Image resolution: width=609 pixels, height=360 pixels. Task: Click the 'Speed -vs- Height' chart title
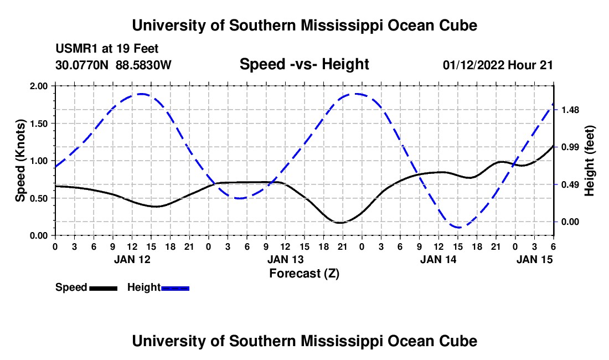pos(304,64)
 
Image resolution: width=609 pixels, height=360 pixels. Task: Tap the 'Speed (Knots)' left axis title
pos(20,161)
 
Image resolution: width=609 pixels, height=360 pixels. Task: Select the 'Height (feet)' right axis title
pos(589,161)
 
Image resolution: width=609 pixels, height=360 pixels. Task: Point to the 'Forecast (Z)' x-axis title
pos(304,273)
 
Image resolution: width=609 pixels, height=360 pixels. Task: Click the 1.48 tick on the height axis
pos(570,110)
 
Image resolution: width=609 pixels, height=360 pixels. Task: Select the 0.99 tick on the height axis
pos(570,147)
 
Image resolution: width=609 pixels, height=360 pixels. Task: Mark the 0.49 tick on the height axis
pos(570,184)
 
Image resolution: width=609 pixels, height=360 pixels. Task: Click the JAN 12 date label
pos(132,259)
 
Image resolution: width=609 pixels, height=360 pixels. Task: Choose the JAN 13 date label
pos(285,259)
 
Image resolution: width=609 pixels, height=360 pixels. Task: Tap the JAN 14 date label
pos(438,259)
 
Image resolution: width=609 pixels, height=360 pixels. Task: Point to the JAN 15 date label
pos(534,259)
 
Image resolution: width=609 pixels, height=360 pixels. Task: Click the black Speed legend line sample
pos(103,287)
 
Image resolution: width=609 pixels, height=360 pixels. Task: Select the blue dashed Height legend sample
pos(176,287)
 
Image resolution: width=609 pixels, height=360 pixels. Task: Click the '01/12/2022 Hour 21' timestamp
pos(498,65)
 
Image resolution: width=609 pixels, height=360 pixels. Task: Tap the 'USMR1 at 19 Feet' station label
pos(107,49)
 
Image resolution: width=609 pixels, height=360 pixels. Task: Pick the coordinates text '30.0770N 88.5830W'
pos(113,65)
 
